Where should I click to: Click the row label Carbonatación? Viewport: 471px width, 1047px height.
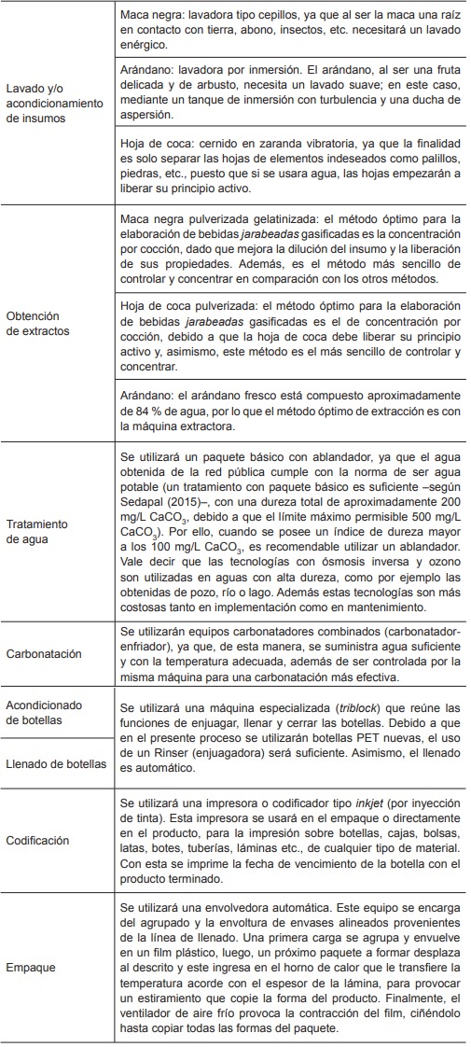pyautogui.click(x=44, y=654)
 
